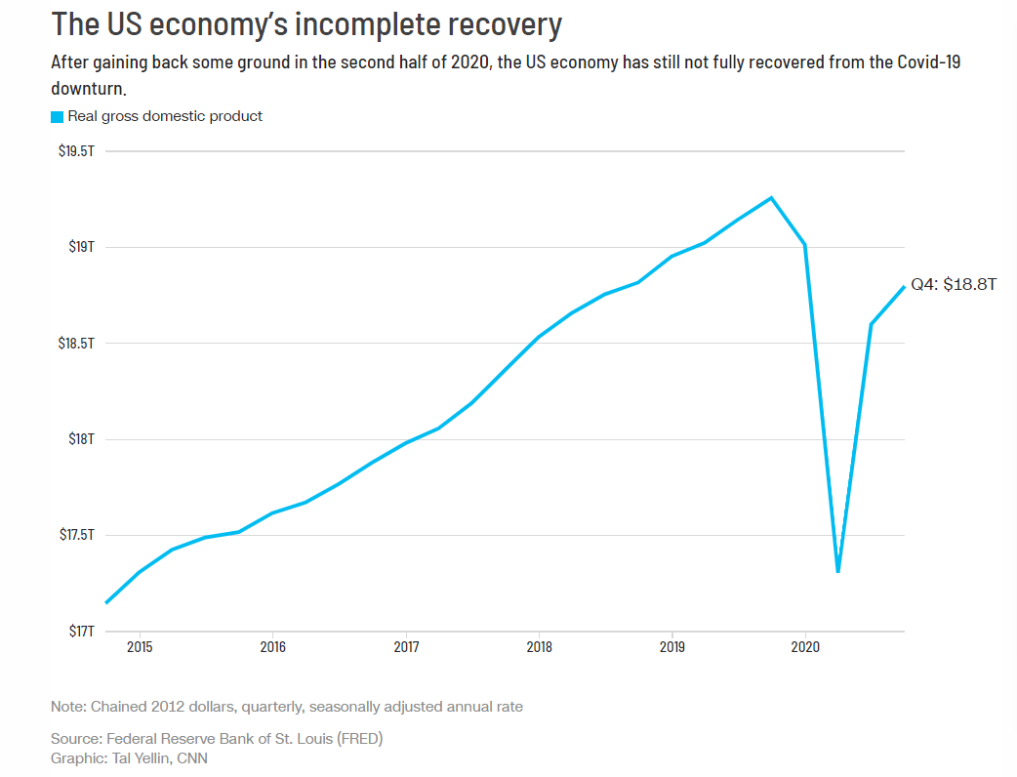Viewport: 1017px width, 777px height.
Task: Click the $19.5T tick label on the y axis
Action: (x=75, y=151)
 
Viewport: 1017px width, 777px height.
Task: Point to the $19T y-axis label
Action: (x=81, y=247)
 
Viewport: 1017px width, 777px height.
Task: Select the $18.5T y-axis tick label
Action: (x=75, y=344)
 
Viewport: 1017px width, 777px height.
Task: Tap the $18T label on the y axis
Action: (x=81, y=439)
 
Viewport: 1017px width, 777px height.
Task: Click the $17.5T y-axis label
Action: (x=75, y=535)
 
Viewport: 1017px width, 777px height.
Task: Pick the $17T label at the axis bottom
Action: (x=81, y=632)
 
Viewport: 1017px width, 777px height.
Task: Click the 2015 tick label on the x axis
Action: (x=140, y=647)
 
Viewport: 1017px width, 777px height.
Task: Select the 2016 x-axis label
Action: (x=272, y=647)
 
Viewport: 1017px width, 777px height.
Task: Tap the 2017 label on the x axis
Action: (x=406, y=647)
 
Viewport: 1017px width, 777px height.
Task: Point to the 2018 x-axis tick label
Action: (x=539, y=647)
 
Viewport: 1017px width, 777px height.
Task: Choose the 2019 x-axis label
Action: (x=671, y=647)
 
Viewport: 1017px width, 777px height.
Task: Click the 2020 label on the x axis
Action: (x=804, y=647)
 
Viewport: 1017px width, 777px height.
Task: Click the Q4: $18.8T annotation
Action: (x=954, y=285)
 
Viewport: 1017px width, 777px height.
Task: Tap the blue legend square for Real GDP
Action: (x=57, y=117)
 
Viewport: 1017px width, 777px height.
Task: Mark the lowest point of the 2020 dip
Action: (x=837, y=571)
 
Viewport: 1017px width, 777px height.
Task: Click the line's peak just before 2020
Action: (x=771, y=198)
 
